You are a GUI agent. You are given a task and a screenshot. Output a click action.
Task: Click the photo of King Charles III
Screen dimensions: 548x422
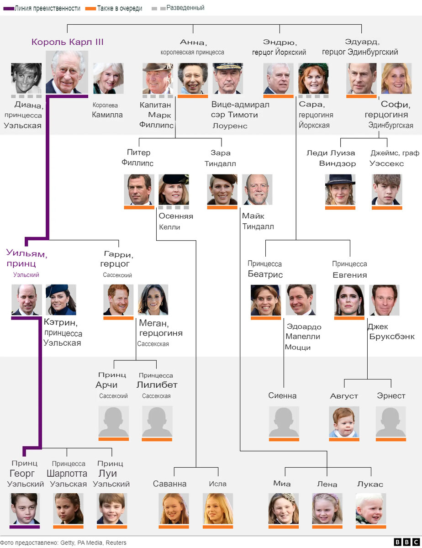point(67,72)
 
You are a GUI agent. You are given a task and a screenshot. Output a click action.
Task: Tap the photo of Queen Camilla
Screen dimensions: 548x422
point(108,78)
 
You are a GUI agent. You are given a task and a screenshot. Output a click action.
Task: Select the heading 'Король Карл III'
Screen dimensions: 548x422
point(68,42)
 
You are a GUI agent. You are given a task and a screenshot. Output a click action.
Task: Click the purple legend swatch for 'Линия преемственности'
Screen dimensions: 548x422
point(8,9)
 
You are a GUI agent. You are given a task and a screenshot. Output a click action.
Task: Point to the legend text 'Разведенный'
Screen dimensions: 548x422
point(185,8)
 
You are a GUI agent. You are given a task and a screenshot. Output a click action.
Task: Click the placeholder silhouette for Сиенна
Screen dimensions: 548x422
point(284,422)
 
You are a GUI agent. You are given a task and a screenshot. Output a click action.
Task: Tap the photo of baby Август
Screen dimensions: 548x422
point(344,422)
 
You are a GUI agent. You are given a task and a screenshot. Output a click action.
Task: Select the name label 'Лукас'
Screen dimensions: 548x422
point(370,484)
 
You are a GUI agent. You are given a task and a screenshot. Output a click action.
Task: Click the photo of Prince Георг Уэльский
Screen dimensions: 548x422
point(25,508)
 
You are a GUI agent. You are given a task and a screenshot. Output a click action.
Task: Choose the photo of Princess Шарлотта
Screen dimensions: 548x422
point(69,508)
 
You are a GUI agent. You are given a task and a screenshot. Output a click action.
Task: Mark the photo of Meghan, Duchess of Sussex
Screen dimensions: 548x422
point(153,300)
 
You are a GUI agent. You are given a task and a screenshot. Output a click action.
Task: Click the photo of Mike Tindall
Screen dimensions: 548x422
point(257,189)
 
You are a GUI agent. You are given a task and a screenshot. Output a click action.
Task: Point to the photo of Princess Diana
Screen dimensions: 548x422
point(26,78)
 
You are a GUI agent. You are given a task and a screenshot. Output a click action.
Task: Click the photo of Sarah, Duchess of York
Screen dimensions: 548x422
point(313,78)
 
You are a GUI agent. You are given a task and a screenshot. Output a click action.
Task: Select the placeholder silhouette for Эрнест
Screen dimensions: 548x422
point(391,422)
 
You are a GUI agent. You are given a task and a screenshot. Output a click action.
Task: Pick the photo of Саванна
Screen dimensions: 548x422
point(174,508)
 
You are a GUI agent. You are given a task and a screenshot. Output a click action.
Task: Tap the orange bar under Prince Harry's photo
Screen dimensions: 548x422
point(118,318)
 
